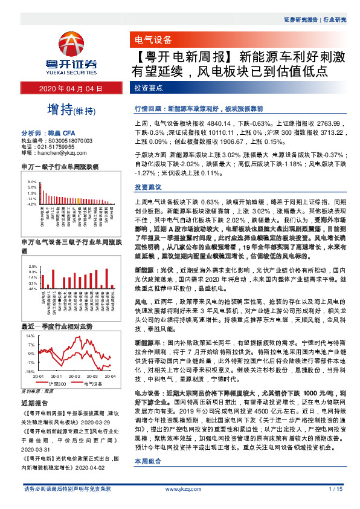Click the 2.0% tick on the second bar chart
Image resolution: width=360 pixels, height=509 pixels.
32,266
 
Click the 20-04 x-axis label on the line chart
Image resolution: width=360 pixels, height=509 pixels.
111,375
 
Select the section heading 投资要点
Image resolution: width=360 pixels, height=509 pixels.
149,88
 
